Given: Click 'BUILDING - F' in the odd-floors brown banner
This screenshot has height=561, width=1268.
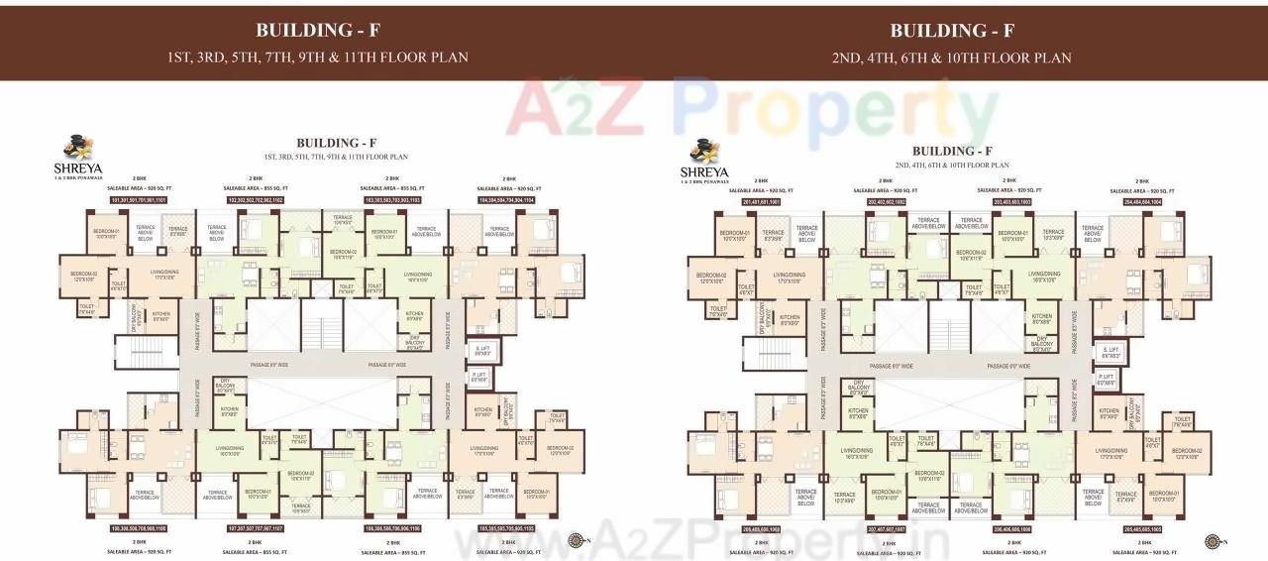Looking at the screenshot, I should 318,29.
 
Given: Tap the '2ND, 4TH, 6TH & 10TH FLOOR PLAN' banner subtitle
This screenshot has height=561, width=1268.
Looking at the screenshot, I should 951,57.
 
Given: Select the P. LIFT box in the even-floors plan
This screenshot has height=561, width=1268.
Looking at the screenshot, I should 1107,378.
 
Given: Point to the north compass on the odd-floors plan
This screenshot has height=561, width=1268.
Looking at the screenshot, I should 578,540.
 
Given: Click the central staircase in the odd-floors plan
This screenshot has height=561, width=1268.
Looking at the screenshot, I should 320,328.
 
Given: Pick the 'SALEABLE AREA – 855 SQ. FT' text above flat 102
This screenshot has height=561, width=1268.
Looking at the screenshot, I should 256,188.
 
